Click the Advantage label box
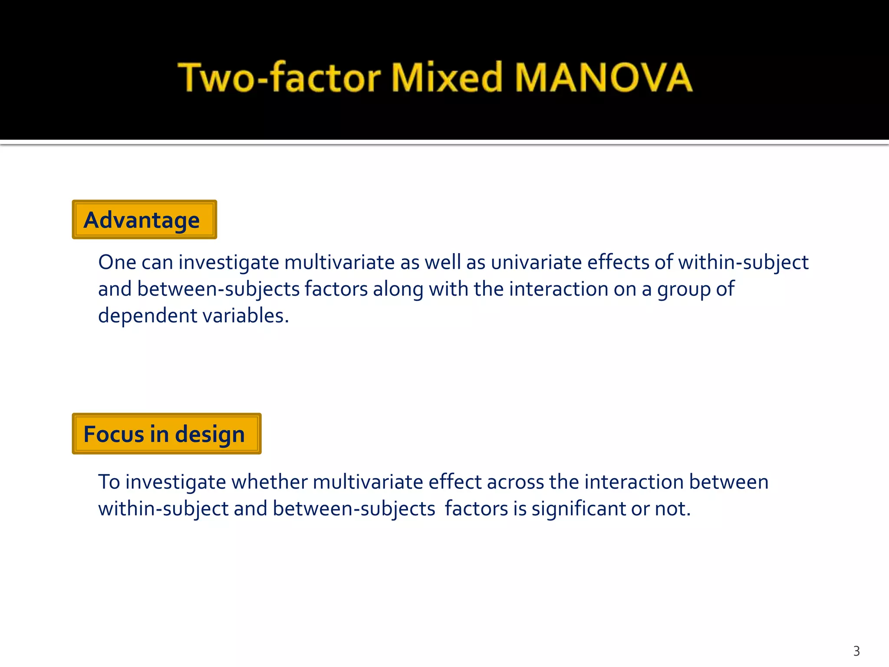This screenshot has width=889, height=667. pyautogui.click(x=144, y=220)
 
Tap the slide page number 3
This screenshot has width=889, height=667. pyautogui.click(x=856, y=651)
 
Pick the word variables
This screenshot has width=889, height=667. pyautogui.click(x=246, y=316)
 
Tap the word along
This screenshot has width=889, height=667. pyautogui.click(x=398, y=289)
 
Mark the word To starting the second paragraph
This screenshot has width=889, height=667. pyautogui.click(x=109, y=482)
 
